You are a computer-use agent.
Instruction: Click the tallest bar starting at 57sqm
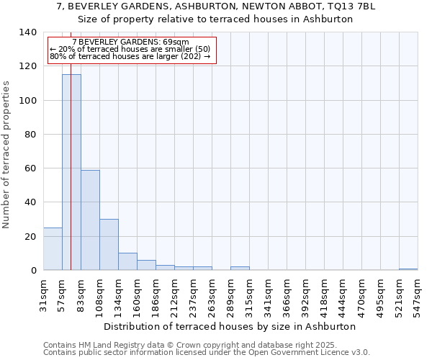pos(71,173)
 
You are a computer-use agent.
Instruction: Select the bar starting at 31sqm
pos(53,249)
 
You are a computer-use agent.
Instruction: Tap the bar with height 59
pos(90,220)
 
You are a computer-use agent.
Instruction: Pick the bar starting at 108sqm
pos(109,245)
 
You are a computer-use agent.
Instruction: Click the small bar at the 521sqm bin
pos(408,269)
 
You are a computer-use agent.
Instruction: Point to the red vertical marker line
pos(71,144)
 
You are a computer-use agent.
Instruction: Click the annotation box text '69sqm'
pos(177,42)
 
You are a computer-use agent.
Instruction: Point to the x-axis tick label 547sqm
pos(418,296)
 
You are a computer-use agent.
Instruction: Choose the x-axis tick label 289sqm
pos(230,296)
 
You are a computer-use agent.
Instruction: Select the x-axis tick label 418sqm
pos(324,296)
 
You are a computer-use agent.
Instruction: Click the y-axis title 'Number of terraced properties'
pos(6,154)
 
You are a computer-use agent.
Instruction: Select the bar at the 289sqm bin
pos(240,268)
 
